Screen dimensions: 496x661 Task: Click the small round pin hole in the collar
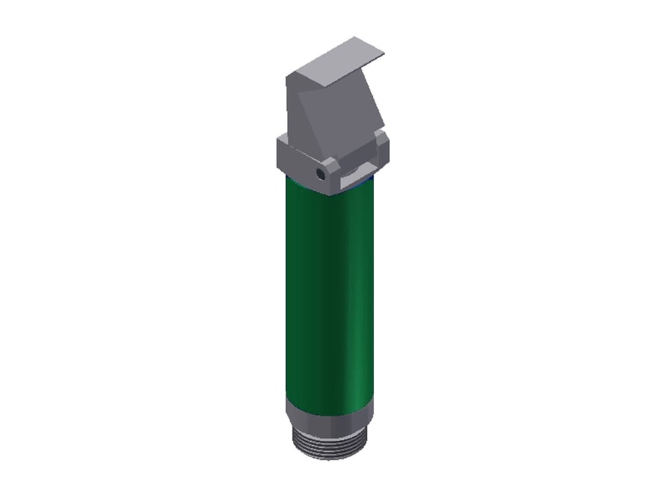point(321,175)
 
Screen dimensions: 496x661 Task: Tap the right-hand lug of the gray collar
point(382,149)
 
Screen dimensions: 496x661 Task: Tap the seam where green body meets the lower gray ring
point(329,400)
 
